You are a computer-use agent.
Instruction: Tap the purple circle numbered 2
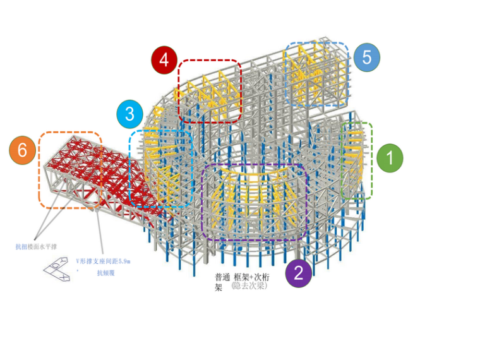(x=299, y=273)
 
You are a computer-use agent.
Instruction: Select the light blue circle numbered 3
(x=129, y=114)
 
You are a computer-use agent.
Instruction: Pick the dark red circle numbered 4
(x=164, y=60)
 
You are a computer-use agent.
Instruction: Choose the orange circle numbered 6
(x=23, y=151)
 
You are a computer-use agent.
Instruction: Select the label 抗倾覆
(x=105, y=273)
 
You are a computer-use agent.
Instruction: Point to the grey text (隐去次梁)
(x=249, y=286)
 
